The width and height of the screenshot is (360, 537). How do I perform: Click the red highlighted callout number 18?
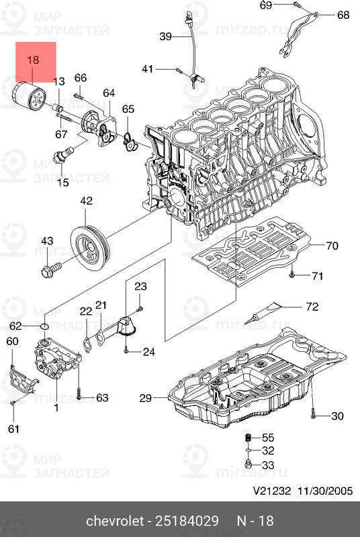point(32,60)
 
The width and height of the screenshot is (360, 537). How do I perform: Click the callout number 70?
point(332,245)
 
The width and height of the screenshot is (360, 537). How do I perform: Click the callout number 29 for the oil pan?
point(146,399)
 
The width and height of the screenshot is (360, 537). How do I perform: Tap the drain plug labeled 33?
point(248,465)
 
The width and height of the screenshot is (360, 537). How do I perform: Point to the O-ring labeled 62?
point(44,326)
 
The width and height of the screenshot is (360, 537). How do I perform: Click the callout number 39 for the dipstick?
point(165,36)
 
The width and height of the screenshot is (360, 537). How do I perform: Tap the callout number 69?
point(266,5)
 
